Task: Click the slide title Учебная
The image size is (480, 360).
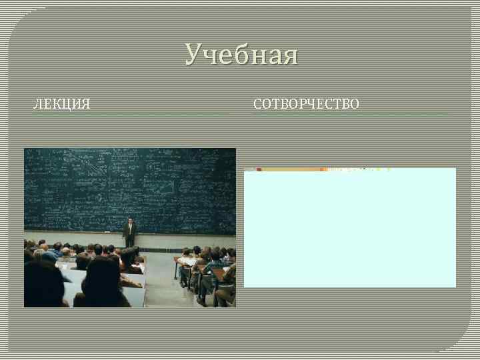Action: coord(241,55)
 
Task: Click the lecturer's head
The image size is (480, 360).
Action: coord(129,219)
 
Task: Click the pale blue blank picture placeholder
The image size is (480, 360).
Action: coord(349,230)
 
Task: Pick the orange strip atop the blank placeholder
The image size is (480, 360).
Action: coord(320,169)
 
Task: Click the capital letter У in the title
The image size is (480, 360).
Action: coord(193,55)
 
